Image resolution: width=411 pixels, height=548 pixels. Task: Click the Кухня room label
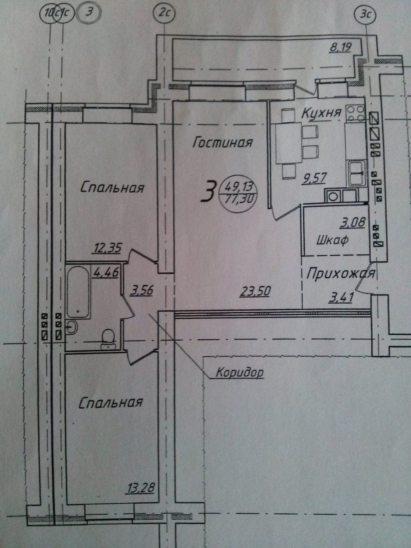321,113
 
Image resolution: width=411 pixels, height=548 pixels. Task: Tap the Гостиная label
223,142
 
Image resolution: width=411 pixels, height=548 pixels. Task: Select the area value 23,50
255,291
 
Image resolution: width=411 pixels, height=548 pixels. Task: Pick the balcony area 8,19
341,47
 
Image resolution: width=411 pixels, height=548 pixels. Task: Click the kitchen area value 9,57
314,178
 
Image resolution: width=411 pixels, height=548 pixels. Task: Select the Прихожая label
341,274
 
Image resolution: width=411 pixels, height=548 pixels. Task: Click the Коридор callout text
240,372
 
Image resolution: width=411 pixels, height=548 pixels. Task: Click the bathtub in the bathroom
78,292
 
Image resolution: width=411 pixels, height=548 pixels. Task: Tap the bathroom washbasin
72,327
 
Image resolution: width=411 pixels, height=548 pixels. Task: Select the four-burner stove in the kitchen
355,113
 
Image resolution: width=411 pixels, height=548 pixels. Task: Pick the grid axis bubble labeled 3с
365,15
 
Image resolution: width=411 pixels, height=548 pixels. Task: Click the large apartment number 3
209,191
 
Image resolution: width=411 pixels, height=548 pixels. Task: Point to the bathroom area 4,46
105,272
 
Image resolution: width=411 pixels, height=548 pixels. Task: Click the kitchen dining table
289,142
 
